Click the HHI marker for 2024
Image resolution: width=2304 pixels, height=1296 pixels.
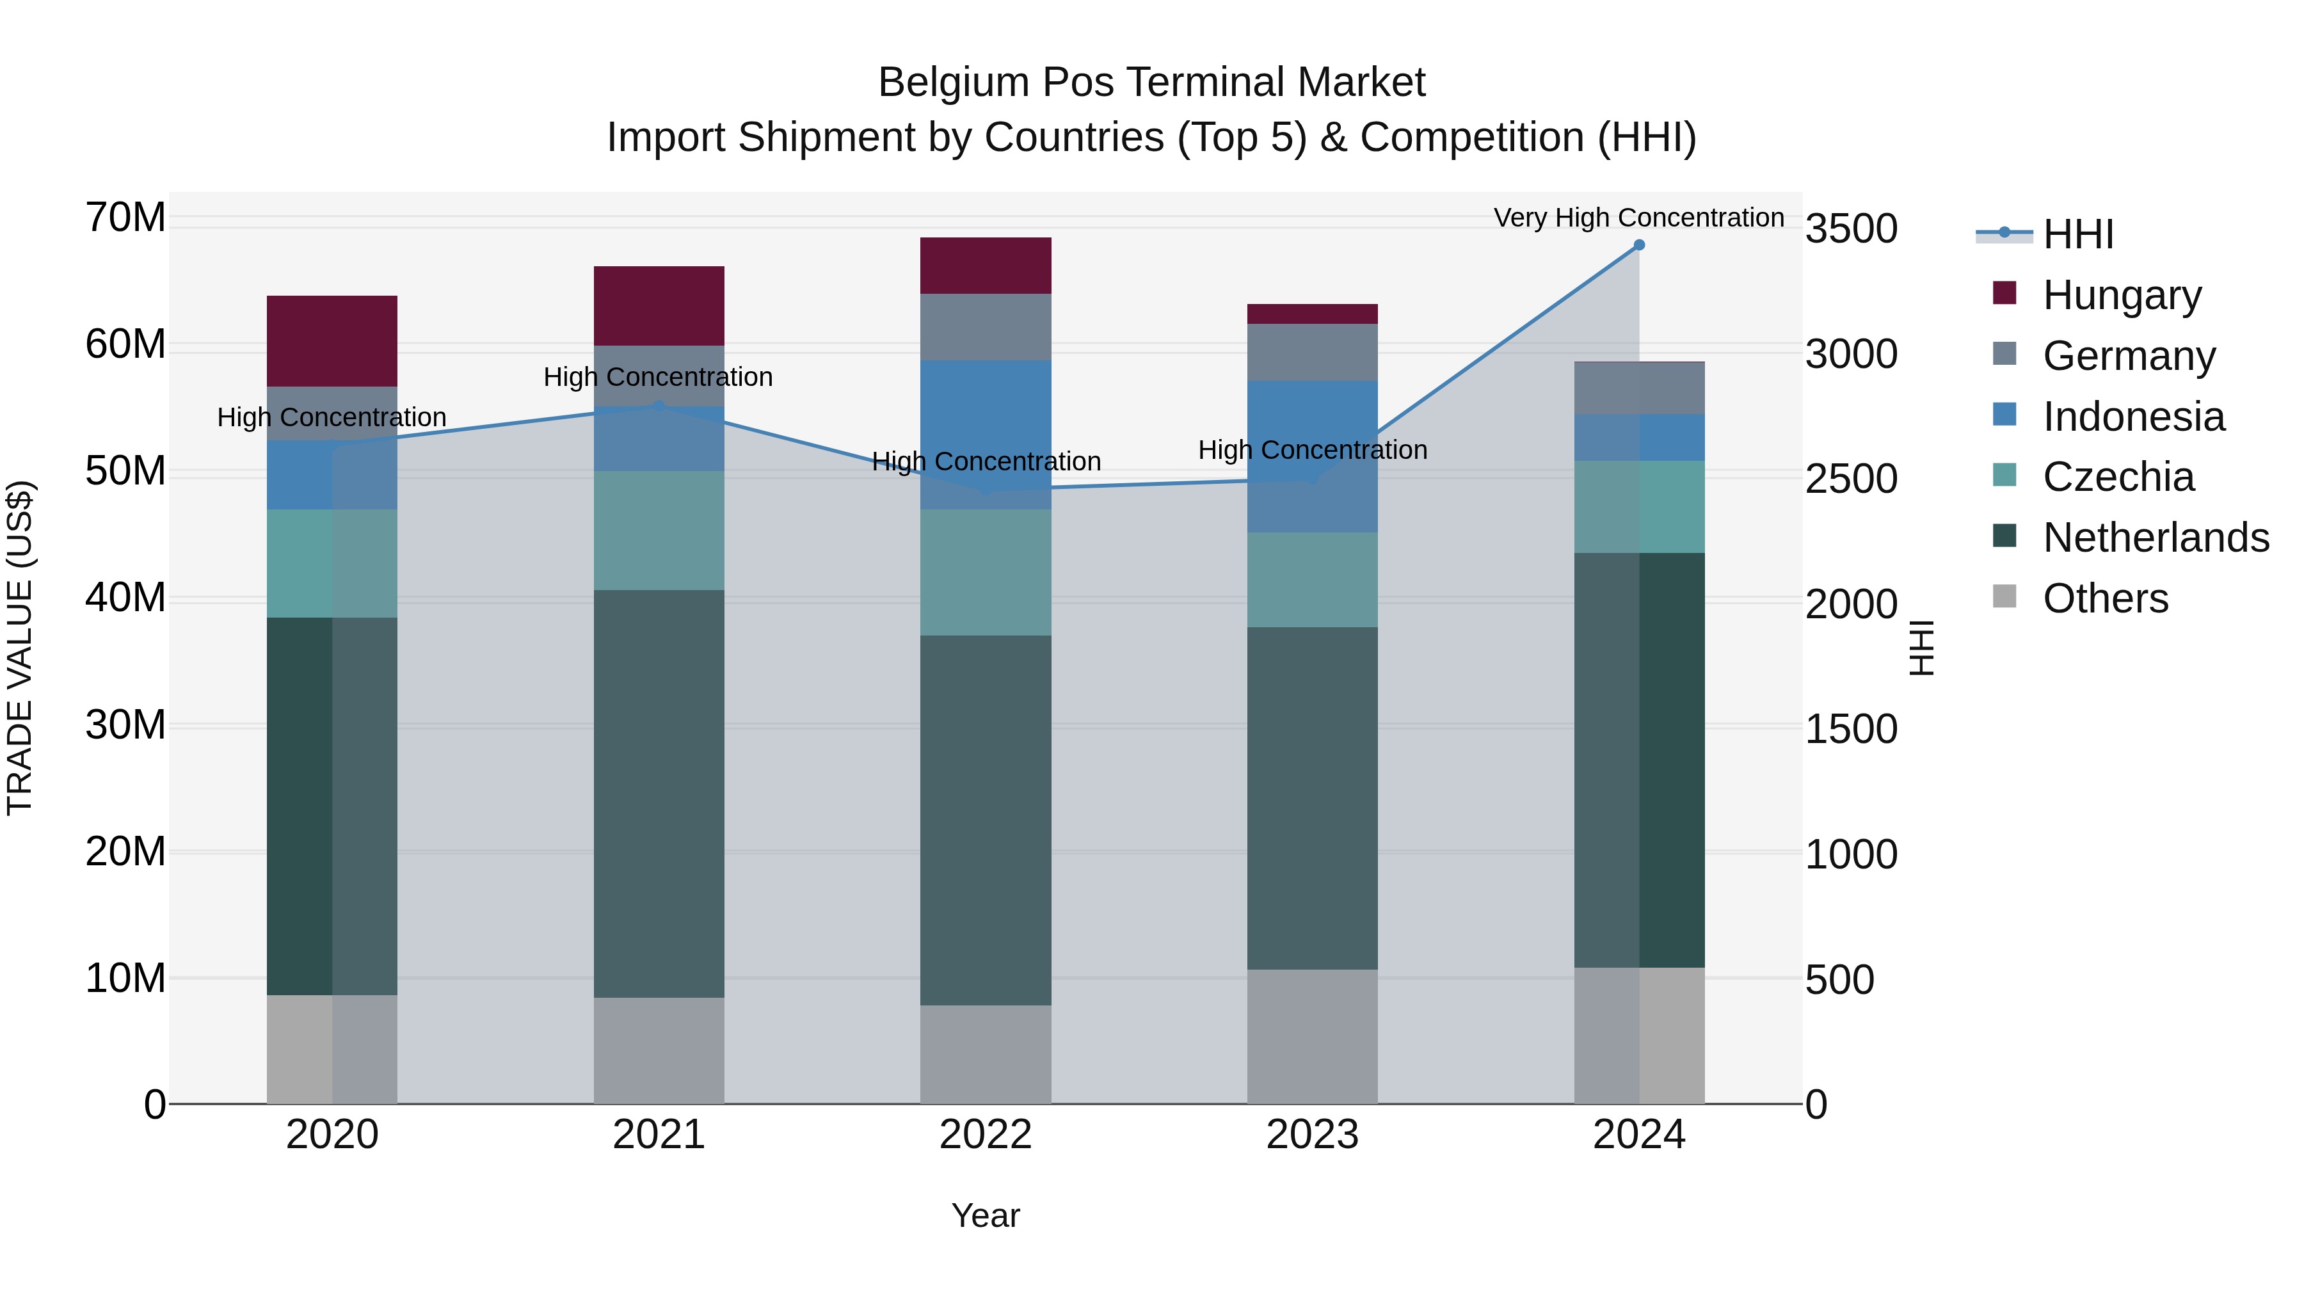point(1638,245)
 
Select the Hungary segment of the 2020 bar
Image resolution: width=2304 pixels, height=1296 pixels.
point(332,340)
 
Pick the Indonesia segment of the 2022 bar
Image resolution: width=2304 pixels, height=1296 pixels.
point(986,435)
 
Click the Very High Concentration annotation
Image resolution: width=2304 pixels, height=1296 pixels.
point(1638,218)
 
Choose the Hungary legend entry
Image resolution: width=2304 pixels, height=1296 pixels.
point(2121,295)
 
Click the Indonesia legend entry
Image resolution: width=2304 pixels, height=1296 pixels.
point(2132,417)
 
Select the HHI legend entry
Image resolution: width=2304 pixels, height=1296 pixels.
point(2077,234)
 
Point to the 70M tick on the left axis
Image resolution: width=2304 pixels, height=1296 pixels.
point(125,218)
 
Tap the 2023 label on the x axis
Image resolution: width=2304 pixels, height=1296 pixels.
point(1312,1135)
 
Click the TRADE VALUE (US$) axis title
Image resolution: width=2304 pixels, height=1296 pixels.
point(20,648)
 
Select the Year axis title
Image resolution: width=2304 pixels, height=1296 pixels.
point(986,1215)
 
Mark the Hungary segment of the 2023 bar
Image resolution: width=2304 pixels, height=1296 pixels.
point(1312,314)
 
